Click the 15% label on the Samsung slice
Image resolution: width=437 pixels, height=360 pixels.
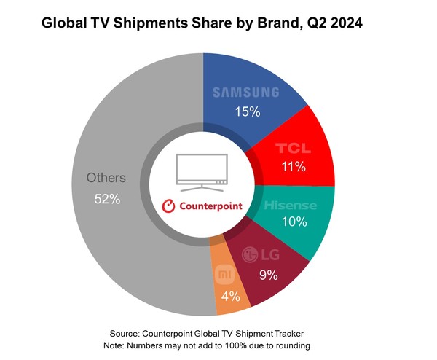245,111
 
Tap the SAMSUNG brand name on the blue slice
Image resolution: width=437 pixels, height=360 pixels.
245,93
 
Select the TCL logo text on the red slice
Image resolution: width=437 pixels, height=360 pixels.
293,148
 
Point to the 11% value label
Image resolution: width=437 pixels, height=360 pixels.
293,167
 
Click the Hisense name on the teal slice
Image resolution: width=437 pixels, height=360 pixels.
290,206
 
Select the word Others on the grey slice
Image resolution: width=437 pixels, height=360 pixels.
106,178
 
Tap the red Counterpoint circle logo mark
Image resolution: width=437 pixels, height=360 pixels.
168,206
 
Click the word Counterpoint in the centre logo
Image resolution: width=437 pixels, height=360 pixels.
209,206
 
